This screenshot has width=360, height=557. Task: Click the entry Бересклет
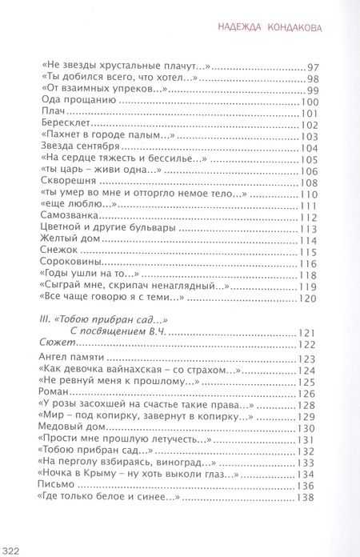pos(62,126)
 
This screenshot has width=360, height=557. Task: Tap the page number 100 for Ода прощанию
pos(309,104)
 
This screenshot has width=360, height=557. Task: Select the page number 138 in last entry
pos(309,498)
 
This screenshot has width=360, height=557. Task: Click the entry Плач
pos(49,115)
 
